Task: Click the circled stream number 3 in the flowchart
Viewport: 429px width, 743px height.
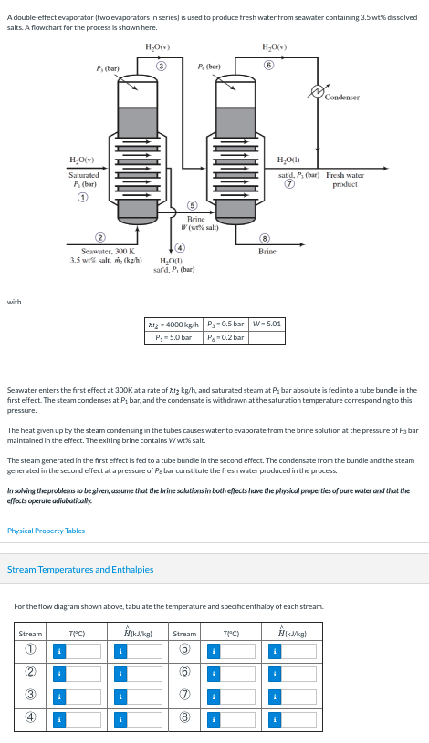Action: (161, 66)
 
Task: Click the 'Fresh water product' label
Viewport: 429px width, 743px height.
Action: (344, 179)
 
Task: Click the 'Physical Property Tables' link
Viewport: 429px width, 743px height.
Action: (46, 531)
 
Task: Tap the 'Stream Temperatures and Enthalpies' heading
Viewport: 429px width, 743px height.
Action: (80, 569)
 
